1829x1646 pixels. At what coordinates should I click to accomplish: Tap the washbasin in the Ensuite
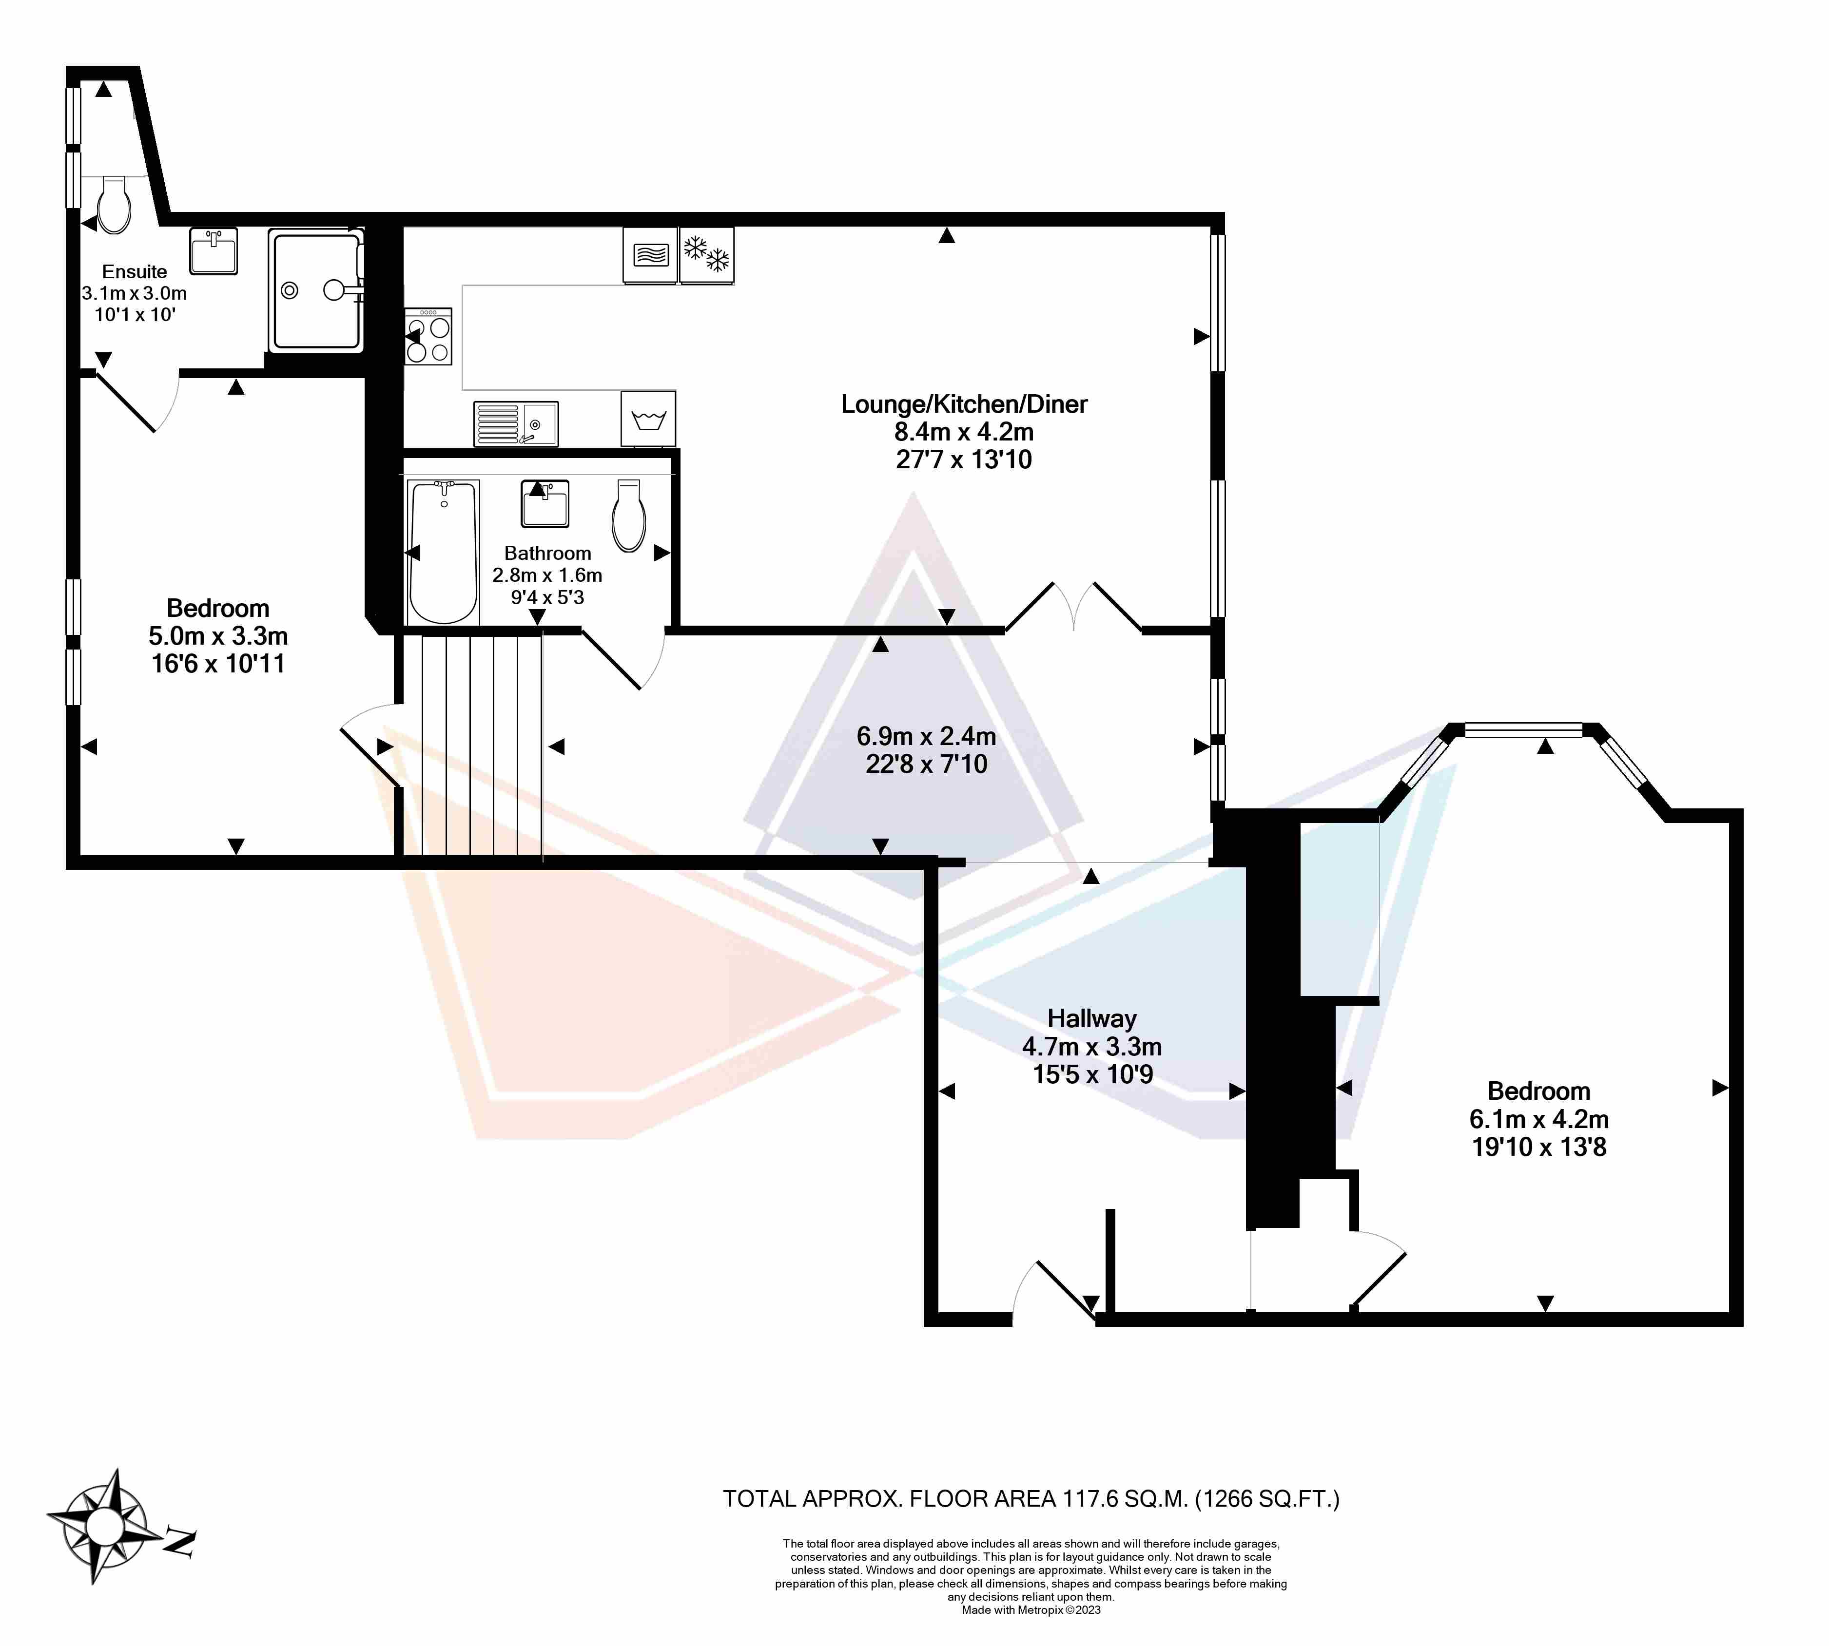point(214,250)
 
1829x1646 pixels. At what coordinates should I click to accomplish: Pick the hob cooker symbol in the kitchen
point(428,336)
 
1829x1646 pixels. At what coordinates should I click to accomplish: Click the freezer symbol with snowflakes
point(706,255)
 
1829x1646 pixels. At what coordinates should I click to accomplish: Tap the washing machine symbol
point(648,419)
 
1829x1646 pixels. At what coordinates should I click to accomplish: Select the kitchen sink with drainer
point(516,423)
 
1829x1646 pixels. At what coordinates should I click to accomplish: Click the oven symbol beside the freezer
point(650,255)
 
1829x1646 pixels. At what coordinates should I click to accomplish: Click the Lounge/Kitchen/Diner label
point(964,404)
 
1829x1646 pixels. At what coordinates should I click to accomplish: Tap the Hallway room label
point(1092,1018)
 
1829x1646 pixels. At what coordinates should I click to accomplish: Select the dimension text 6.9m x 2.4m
point(926,736)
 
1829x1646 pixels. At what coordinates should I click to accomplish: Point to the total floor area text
point(1031,1498)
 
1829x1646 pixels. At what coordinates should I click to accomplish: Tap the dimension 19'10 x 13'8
point(1538,1147)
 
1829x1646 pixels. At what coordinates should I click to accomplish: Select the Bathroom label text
point(547,553)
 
